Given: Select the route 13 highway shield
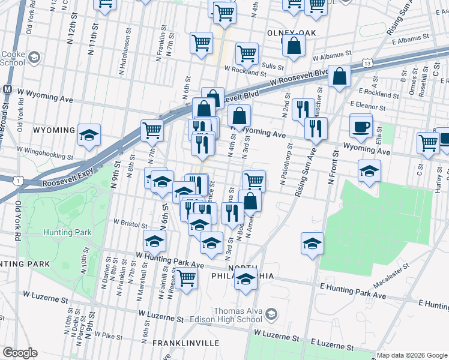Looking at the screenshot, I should click(x=367, y=62).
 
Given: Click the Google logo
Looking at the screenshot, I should click(x=20, y=353).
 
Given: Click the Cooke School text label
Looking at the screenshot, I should click(x=13, y=57).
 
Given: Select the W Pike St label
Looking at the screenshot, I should click(x=108, y=336).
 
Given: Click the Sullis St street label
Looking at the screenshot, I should click(x=271, y=65).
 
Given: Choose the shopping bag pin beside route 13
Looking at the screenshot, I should click(x=340, y=77).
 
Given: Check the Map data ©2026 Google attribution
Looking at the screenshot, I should click(x=411, y=355).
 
